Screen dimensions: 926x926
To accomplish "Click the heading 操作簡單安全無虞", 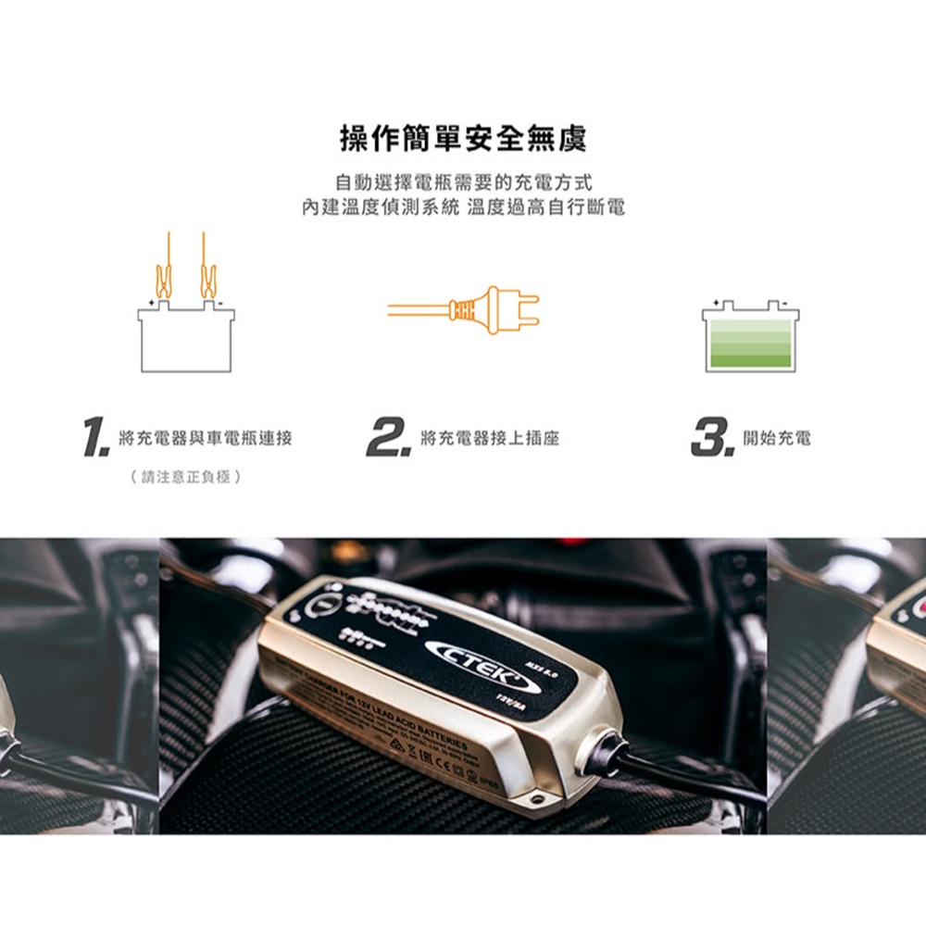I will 463,139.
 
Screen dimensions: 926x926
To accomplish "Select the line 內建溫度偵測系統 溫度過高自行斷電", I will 463,206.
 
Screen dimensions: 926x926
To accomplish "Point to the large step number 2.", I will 388,437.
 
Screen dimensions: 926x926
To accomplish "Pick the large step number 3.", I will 712,437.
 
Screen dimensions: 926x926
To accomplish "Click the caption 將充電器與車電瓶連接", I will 206,438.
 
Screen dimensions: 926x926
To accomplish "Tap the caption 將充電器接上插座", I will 489,438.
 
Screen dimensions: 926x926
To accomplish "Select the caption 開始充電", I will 776,438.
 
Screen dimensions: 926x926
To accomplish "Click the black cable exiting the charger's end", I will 667,776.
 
